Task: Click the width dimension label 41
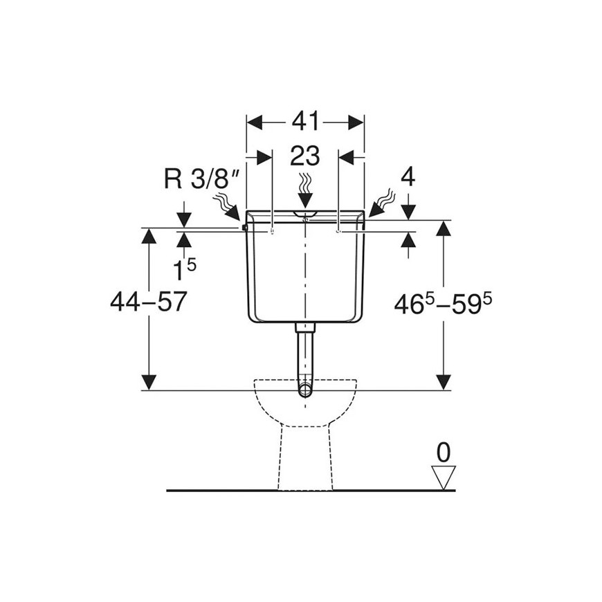[305, 122]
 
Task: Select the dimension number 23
[305, 156]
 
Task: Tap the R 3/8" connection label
[202, 179]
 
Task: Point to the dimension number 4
[408, 178]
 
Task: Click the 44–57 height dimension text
[149, 302]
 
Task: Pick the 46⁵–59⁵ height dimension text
[443, 304]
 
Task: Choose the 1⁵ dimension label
[184, 268]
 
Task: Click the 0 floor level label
[444, 453]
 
